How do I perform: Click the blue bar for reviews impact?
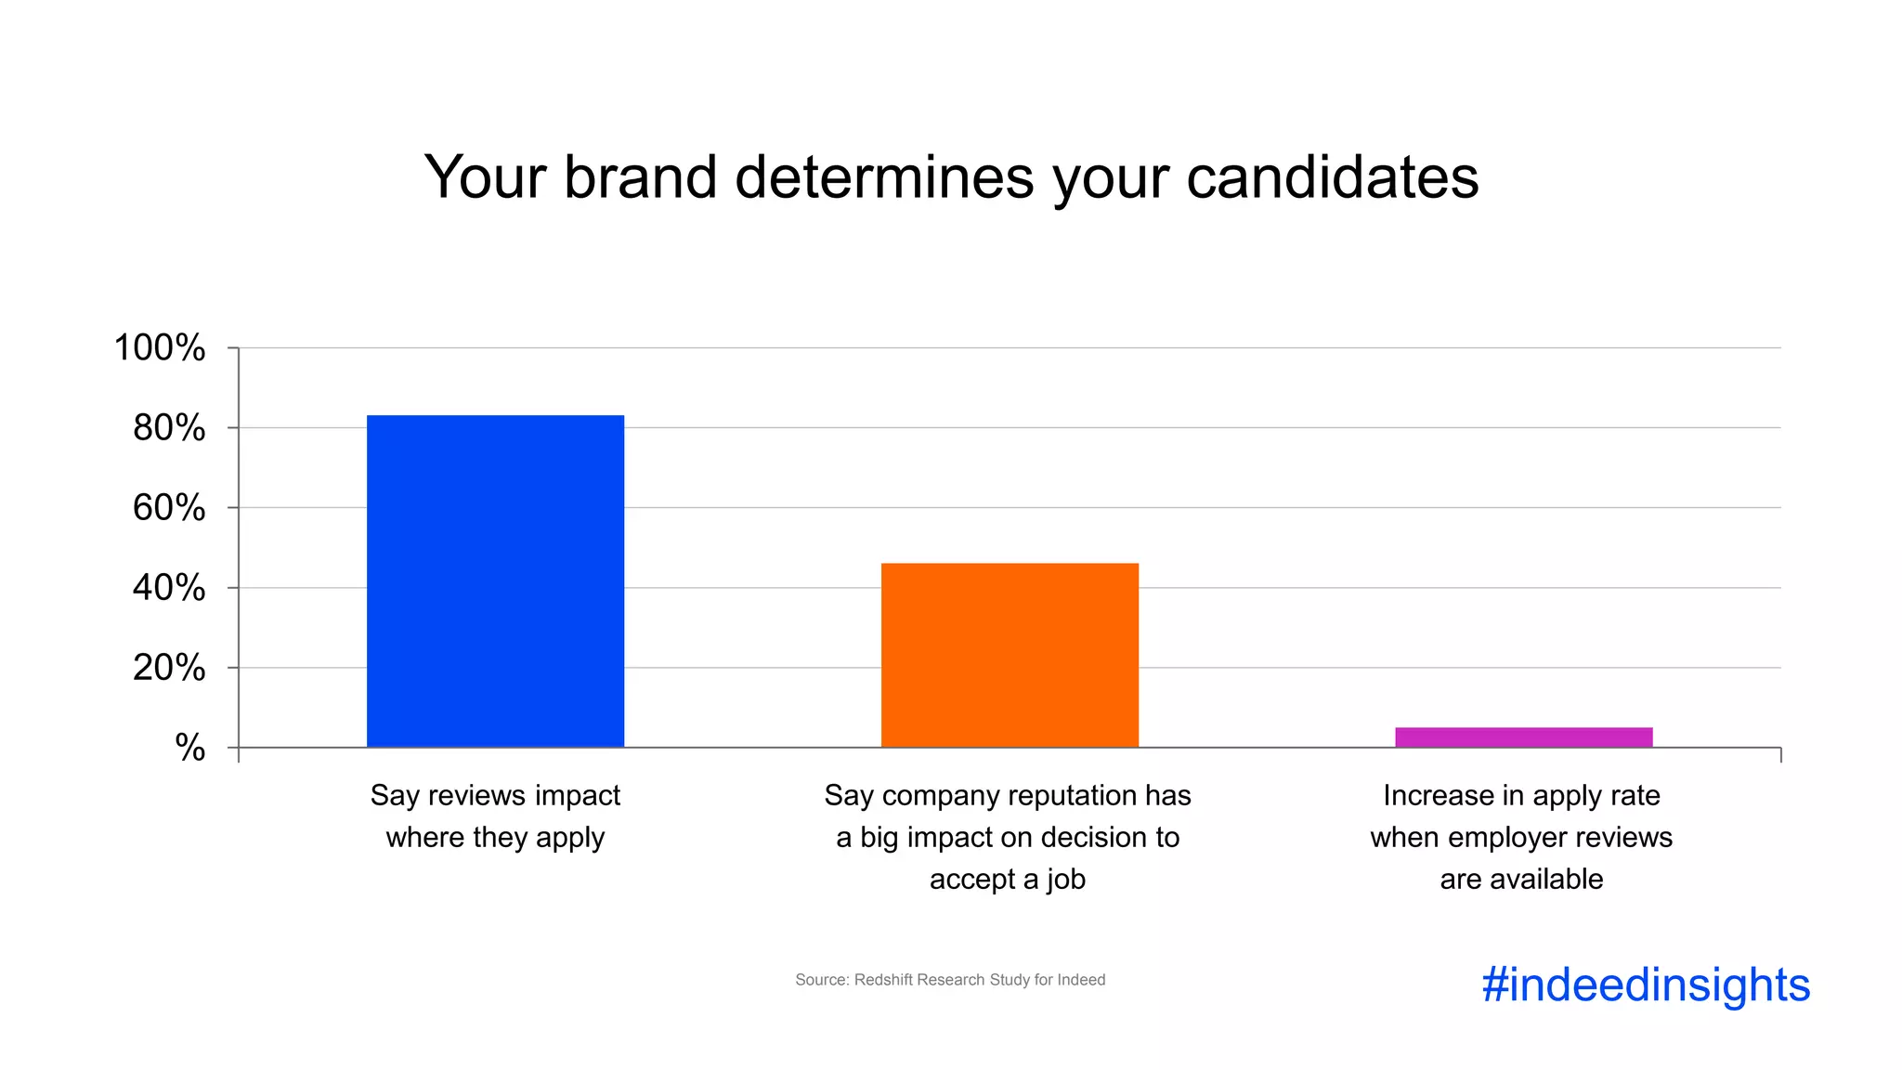495,581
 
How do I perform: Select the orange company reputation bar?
1010,655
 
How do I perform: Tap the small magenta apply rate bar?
1523,737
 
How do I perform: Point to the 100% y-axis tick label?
160,348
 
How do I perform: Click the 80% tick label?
169,428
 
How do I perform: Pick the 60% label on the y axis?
169,508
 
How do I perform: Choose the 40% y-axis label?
169,588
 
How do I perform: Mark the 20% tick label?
169,668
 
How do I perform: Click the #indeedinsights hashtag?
1646,985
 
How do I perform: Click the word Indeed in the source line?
1081,980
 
